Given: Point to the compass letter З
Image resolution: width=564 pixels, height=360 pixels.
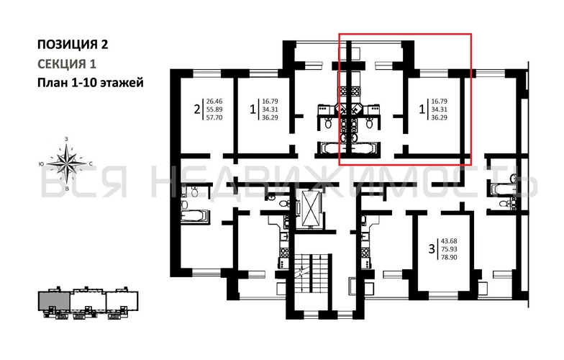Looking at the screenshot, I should coord(67,138).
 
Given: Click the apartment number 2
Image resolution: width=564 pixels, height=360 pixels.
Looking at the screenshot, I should coord(195,110).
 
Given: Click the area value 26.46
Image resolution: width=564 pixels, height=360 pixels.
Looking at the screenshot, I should coord(214,102).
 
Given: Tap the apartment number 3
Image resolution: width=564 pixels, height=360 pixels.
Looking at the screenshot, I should coord(431,250).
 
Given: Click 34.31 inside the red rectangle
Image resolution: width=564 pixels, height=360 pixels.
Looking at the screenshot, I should coord(439,109).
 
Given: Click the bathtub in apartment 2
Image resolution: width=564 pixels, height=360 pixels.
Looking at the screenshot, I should coord(193,215).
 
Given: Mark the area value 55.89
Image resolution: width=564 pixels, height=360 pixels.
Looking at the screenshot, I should coord(214,109).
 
